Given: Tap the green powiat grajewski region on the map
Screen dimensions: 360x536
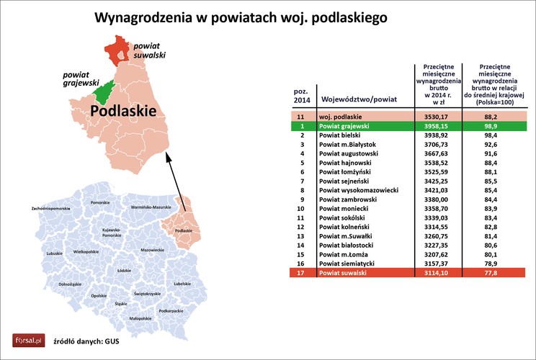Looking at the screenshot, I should coord(105,91).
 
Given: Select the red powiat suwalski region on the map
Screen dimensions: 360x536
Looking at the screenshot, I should coord(116,52).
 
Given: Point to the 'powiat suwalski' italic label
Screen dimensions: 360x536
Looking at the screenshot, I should coord(151,50).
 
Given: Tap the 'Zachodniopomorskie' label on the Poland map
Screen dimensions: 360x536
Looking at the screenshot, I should coord(50,208).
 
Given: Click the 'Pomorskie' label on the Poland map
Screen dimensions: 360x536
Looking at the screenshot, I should coord(100,203).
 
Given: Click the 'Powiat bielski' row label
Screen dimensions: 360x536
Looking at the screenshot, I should coord(341,135).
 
